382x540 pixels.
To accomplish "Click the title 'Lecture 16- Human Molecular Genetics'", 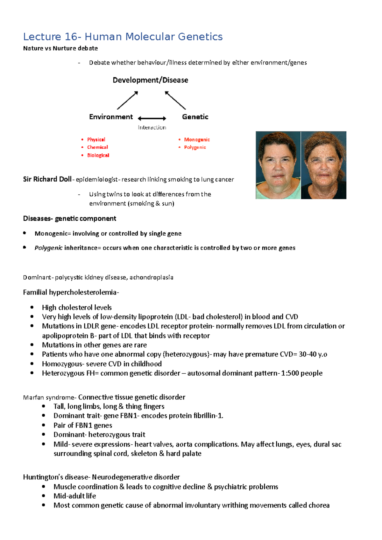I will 123,37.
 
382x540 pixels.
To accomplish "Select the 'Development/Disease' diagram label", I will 150,80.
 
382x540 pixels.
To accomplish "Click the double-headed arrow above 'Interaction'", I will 152,118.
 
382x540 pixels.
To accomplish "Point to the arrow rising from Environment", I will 127,100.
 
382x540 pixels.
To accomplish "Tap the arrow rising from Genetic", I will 175,100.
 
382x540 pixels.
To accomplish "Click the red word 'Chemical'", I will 97,147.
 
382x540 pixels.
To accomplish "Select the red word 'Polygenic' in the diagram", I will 195,147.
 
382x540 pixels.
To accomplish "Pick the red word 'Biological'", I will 98,155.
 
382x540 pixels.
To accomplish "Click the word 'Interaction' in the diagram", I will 152,128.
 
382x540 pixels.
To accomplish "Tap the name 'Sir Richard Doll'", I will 47,179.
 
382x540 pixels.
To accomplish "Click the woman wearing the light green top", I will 278,165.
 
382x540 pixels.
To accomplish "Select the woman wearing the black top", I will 324,165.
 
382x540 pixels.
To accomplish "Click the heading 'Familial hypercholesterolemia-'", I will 71,292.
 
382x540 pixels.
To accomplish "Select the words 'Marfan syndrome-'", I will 49,398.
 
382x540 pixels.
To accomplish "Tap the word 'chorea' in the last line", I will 319,505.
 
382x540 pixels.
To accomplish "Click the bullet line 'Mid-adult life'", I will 74,496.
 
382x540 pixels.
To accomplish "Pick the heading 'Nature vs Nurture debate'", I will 60,48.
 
